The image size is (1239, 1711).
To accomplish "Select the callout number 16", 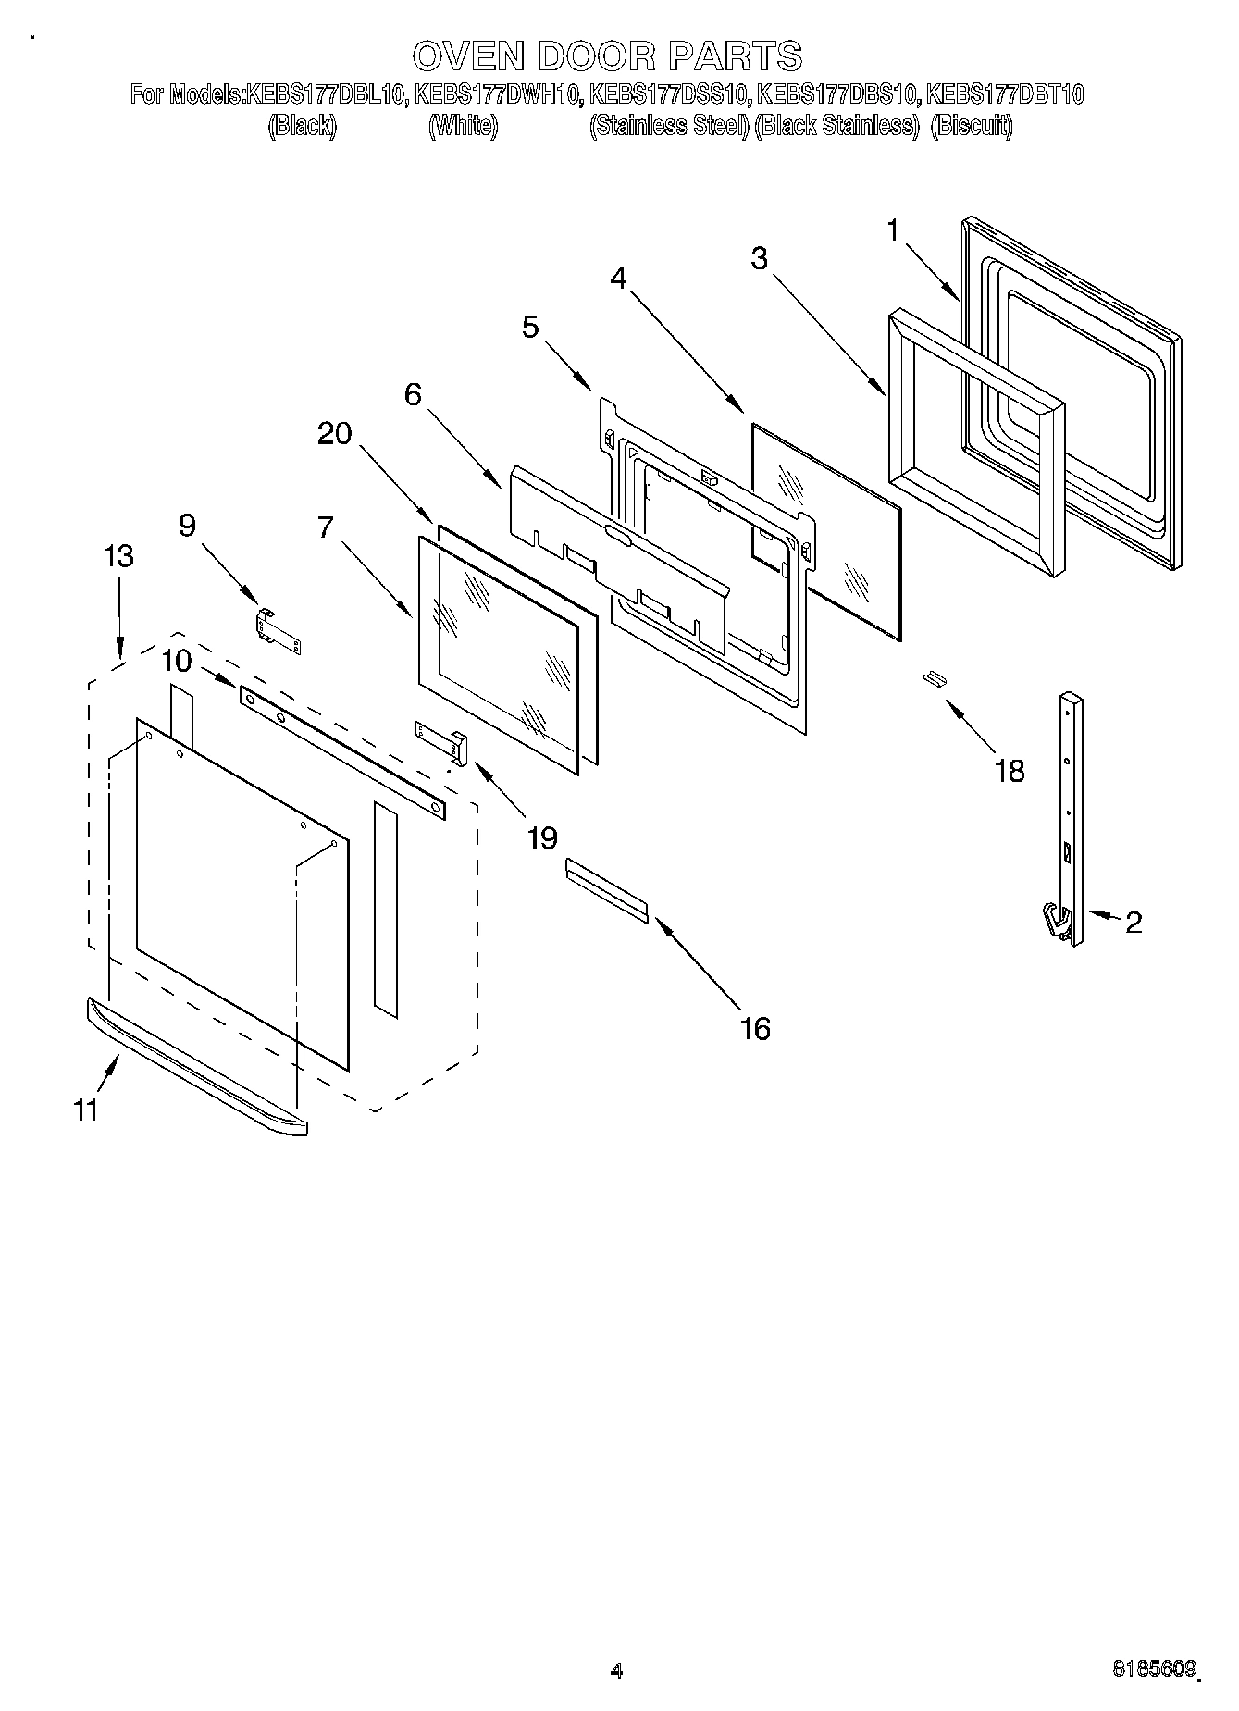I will click(x=755, y=1028).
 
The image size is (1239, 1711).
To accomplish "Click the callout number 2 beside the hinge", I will click(x=1133, y=922).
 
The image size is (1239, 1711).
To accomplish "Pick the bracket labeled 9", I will click(x=278, y=631).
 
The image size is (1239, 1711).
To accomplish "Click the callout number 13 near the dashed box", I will click(x=118, y=556).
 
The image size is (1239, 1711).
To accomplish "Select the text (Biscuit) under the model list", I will click(x=971, y=126).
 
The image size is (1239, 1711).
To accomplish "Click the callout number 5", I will click(x=530, y=327).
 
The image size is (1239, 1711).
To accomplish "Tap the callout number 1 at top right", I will click(x=893, y=230).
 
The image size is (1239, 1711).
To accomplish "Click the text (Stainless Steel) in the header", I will click(x=669, y=126).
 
